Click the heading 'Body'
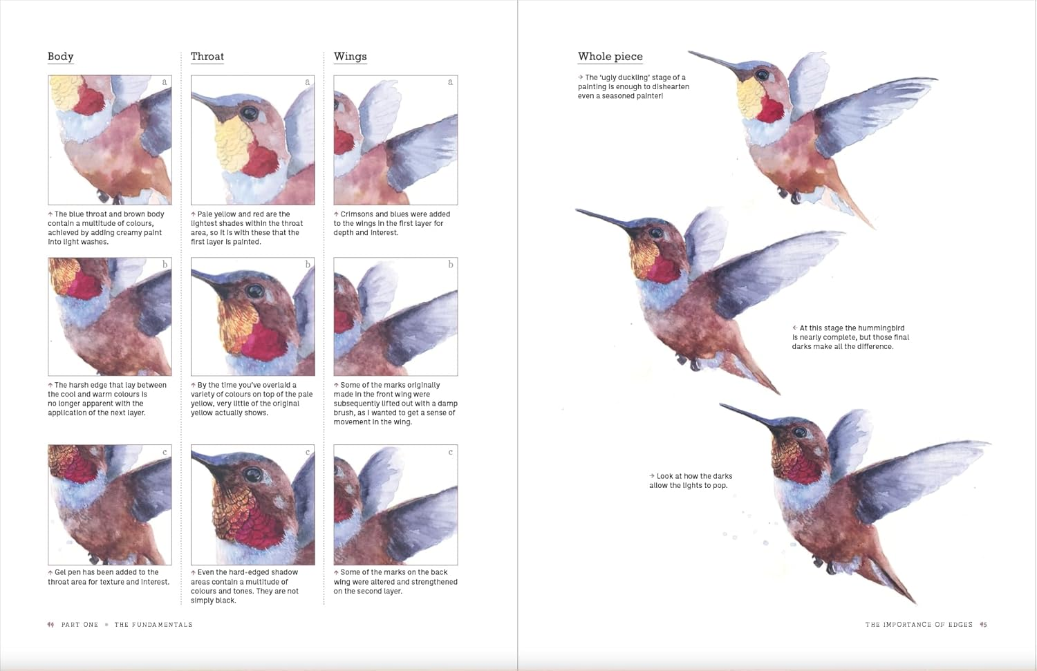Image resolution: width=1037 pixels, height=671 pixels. [60, 57]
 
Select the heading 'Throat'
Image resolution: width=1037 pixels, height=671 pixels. [207, 57]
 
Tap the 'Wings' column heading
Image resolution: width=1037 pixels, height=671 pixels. [350, 57]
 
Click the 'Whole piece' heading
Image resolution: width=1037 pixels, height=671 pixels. [610, 57]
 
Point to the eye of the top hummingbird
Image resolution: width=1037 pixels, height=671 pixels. [762, 75]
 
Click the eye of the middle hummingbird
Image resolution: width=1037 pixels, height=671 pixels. [655, 233]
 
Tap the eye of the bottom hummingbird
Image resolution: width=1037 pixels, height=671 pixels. [800, 433]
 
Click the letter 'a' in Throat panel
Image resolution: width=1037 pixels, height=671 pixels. [308, 82]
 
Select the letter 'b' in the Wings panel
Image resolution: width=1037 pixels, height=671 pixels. [450, 265]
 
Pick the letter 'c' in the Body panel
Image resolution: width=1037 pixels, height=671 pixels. [165, 452]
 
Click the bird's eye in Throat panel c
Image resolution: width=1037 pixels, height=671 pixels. [254, 474]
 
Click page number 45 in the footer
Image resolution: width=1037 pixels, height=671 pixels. [984, 625]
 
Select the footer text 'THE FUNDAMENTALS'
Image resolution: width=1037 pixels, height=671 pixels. [153, 625]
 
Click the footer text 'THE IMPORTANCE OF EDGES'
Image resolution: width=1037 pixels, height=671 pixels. [918, 625]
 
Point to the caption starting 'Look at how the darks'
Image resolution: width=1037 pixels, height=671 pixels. [690, 480]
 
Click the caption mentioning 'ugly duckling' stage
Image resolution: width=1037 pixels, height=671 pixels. [633, 86]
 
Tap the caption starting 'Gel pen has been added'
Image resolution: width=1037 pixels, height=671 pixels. [109, 577]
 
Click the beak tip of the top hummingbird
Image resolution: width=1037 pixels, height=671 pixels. [689, 53]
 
